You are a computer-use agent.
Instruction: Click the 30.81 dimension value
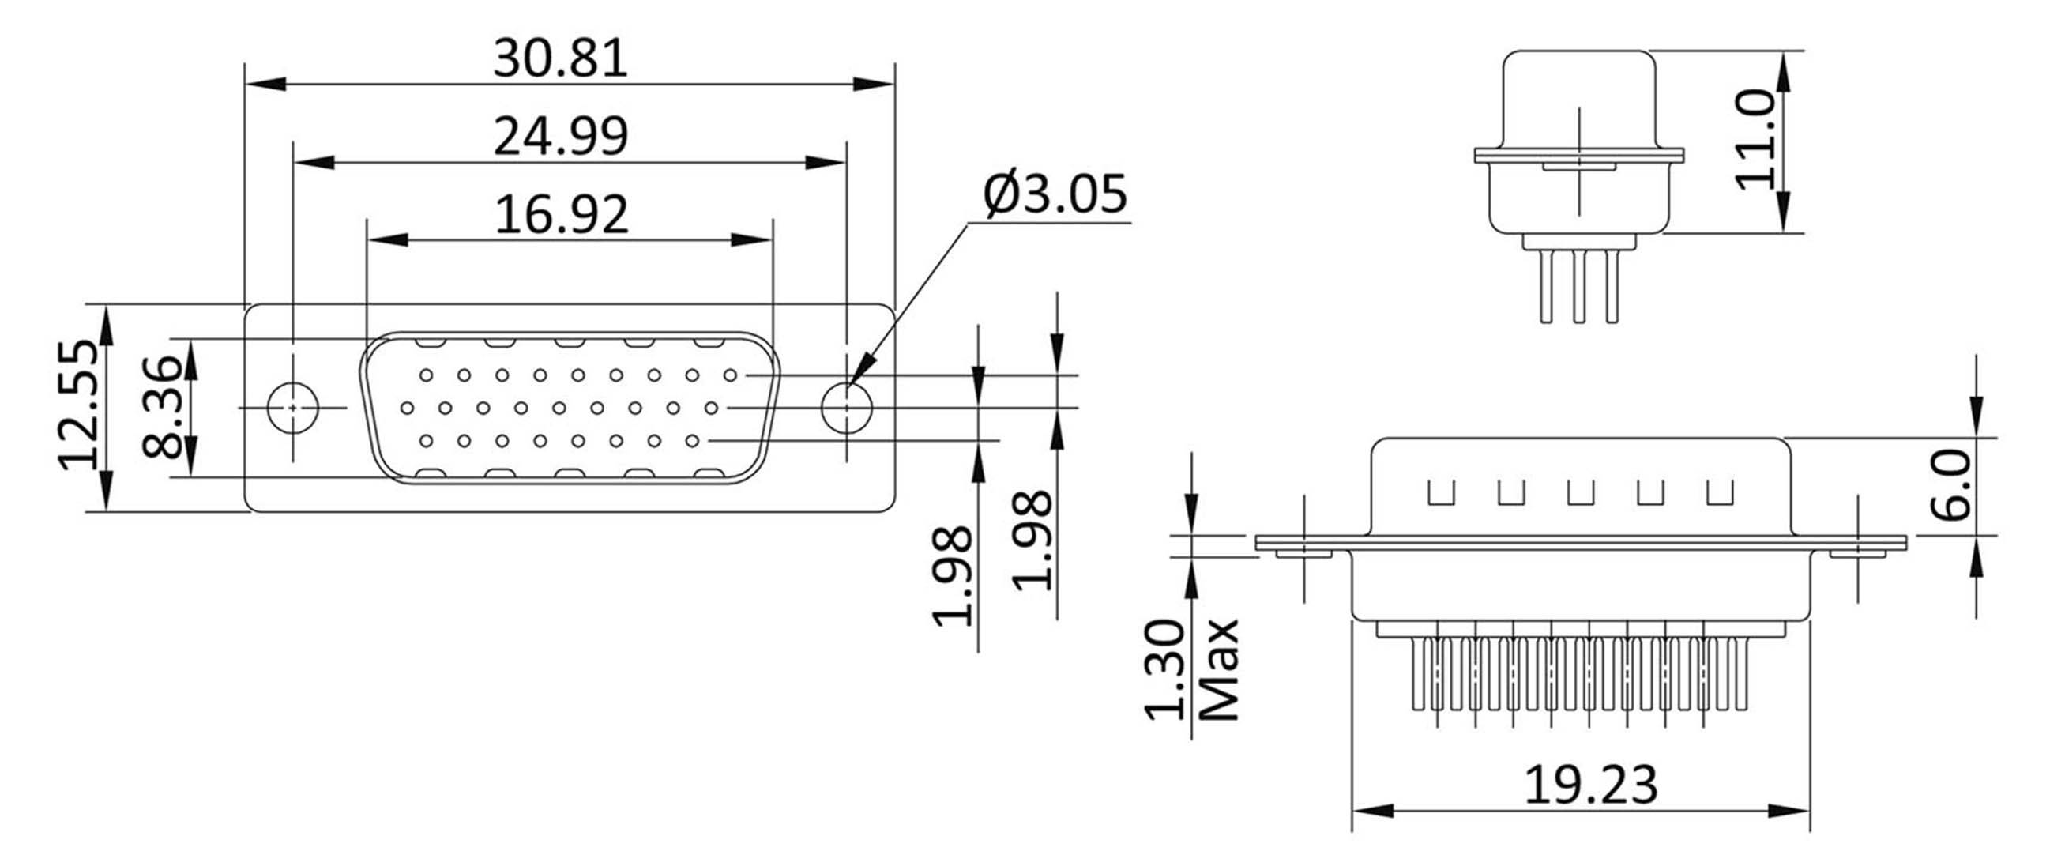click(x=560, y=58)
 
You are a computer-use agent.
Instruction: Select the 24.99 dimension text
click(x=560, y=137)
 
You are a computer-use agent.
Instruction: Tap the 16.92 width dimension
click(x=561, y=215)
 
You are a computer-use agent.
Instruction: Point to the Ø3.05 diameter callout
click(x=1055, y=194)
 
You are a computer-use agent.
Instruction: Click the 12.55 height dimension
click(x=78, y=405)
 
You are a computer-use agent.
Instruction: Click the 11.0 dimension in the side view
click(x=1755, y=141)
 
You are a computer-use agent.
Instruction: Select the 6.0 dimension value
click(x=1953, y=485)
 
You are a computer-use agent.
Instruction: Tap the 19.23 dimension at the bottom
click(x=1590, y=784)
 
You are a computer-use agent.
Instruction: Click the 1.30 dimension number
click(x=1164, y=670)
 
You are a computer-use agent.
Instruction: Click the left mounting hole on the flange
click(x=292, y=408)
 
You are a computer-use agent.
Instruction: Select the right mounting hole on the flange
click(x=847, y=408)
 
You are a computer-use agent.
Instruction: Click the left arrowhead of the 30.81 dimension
click(x=265, y=84)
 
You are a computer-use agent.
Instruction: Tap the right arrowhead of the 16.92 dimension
click(x=751, y=239)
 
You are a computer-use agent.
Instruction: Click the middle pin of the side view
click(x=1579, y=286)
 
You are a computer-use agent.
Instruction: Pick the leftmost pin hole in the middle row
click(x=407, y=409)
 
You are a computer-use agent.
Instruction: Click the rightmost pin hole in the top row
click(x=729, y=375)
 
